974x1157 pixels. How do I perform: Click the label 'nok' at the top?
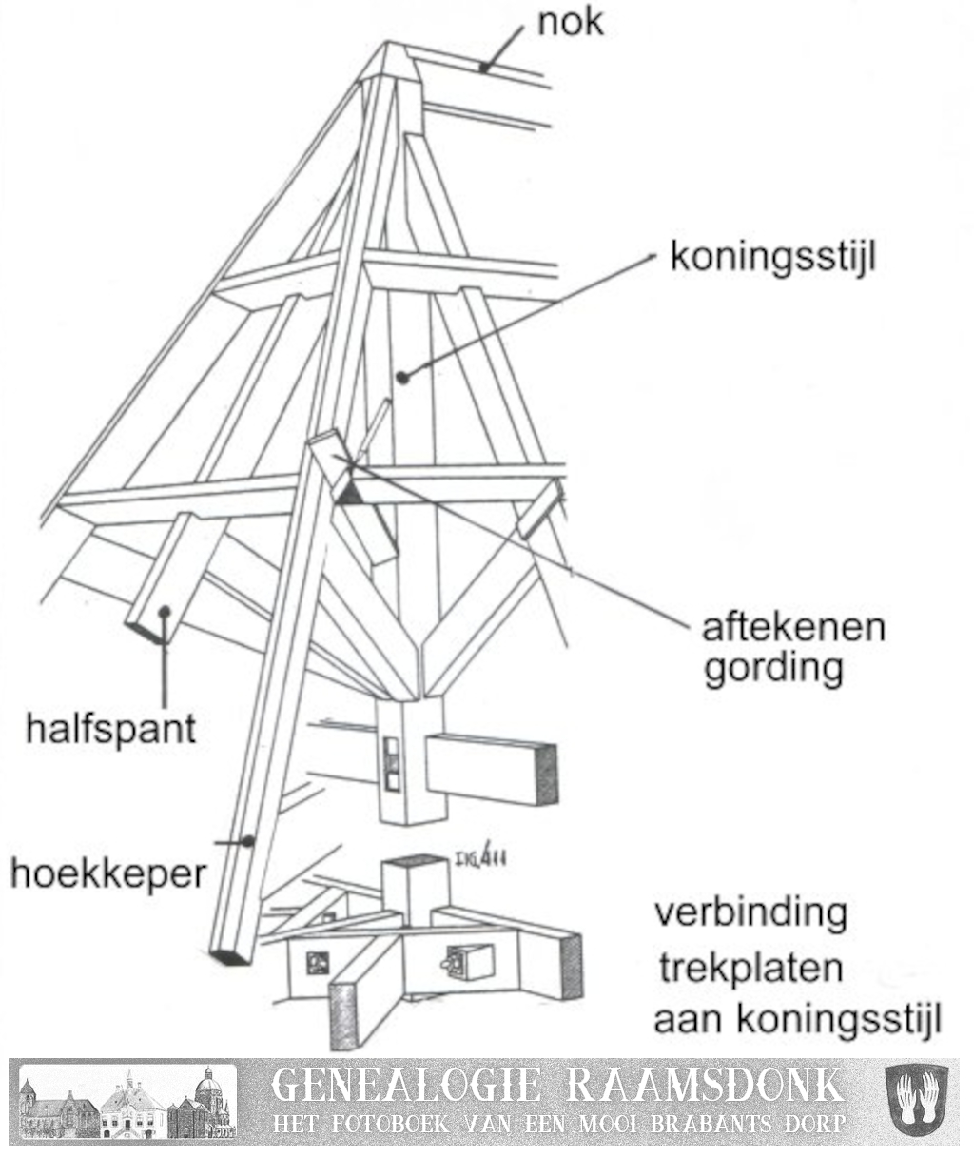[570, 22]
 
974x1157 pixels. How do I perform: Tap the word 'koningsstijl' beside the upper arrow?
[771, 257]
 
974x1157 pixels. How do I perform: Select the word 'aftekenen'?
[793, 628]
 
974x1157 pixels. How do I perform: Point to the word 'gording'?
[773, 668]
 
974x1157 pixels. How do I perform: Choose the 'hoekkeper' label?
[107, 872]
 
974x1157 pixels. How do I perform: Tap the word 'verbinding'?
[750, 913]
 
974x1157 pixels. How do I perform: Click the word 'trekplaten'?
[751, 969]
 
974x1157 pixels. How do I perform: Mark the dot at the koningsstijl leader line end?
[402, 377]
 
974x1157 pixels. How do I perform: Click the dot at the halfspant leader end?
[166, 613]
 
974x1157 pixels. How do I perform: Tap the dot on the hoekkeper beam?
[249, 840]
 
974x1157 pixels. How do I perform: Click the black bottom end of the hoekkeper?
[230, 956]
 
